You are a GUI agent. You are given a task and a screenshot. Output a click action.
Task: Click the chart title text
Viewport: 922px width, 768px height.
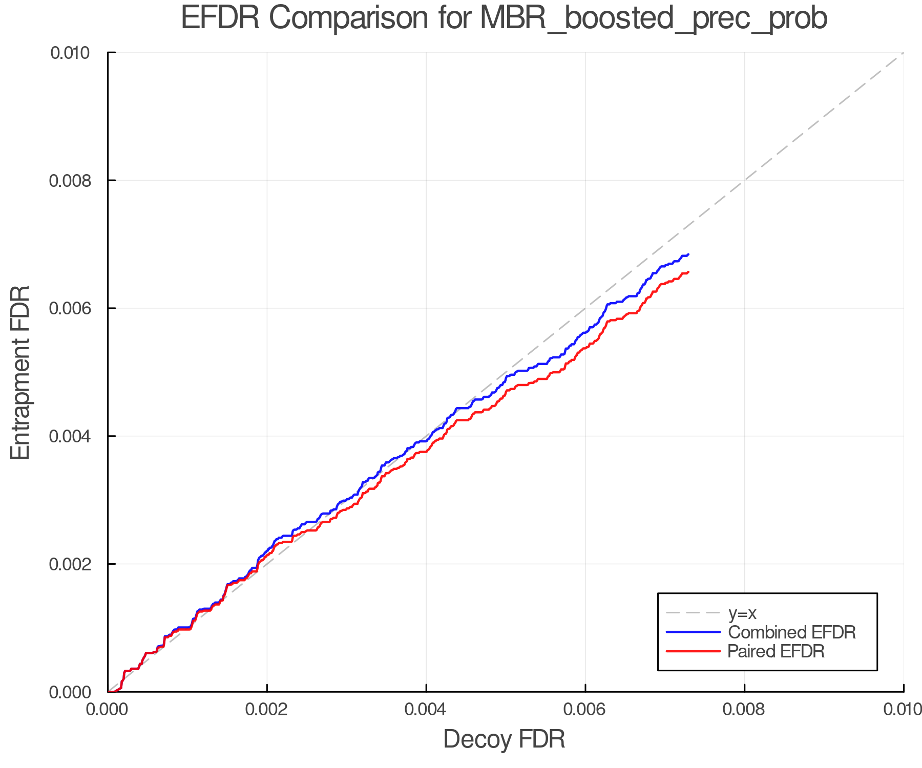(504, 18)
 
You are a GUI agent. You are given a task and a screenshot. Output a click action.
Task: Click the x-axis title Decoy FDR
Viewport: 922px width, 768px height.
(504, 739)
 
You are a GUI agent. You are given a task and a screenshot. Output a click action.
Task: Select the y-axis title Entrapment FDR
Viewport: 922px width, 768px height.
(21, 372)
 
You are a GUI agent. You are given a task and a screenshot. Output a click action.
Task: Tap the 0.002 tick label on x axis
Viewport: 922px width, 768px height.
(267, 710)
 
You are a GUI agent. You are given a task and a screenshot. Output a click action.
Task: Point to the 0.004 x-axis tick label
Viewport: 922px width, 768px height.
(426, 710)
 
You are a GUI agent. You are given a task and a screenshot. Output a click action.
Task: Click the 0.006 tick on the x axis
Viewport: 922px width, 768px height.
(585, 710)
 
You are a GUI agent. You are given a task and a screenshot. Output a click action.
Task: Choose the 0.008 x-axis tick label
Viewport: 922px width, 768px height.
(744, 710)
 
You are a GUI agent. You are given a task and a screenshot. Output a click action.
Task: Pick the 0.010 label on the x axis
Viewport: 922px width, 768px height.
(903, 710)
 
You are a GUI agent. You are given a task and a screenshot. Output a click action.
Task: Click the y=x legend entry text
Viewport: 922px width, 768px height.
(743, 613)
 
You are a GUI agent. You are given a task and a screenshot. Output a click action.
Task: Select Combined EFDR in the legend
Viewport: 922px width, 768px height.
(792, 632)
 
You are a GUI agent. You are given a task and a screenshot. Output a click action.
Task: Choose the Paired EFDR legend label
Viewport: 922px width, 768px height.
(776, 651)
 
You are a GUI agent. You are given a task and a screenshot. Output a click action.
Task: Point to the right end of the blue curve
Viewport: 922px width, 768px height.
(688, 254)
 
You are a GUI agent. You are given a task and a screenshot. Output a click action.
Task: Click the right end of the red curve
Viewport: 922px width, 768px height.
(688, 272)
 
